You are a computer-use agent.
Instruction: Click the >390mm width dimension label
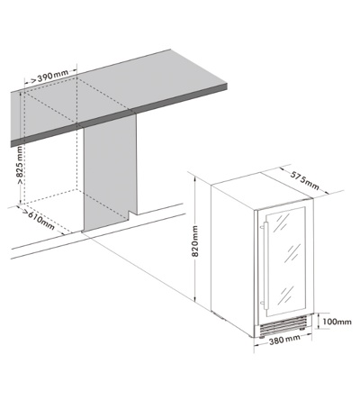pos(49,77)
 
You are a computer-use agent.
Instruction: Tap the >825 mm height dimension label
pos(20,165)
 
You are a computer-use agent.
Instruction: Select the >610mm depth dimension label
pos(39,219)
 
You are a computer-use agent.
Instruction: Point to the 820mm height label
pos(195,241)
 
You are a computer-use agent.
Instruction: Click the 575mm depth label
pos(304,181)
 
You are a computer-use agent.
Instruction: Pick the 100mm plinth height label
pos(337,322)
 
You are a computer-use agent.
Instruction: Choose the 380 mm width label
pos(284,340)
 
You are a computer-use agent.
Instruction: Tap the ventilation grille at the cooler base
pos(283,326)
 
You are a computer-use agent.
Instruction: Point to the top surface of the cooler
pos(263,190)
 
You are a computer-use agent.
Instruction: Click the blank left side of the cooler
pos(233,259)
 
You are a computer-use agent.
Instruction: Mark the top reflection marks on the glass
pos(283,223)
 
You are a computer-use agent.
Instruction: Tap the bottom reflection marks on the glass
pos(285,295)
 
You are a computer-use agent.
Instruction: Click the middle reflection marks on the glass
pos(293,253)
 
